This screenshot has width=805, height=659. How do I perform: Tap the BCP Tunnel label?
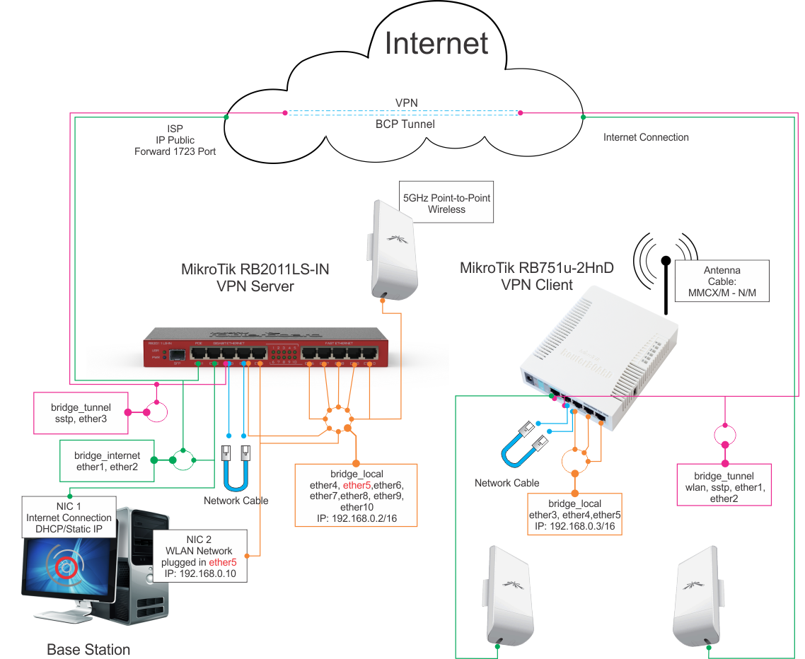pyautogui.click(x=405, y=124)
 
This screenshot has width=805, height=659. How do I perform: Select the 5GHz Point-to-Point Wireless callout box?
pyautogui.click(x=446, y=204)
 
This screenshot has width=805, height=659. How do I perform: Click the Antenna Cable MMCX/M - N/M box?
pyautogui.click(x=722, y=281)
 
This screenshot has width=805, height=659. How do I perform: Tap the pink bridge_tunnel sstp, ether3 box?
pyautogui.click(x=81, y=413)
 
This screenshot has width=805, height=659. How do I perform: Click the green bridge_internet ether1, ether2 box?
pyautogui.click(x=107, y=461)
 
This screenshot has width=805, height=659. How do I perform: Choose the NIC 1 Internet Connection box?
pyautogui.click(x=69, y=518)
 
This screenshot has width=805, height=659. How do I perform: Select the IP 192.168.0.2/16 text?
pyautogui.click(x=356, y=518)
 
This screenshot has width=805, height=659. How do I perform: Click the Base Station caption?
pyautogui.click(x=88, y=648)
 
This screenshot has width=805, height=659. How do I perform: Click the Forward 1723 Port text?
pyautogui.click(x=175, y=151)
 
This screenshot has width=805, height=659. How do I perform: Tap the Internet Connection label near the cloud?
pyautogui.click(x=646, y=137)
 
